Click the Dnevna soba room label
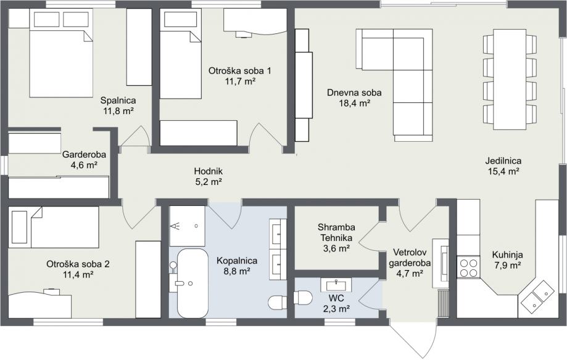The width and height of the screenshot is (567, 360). pyautogui.click(x=354, y=92)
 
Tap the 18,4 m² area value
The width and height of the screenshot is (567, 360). pyautogui.click(x=354, y=104)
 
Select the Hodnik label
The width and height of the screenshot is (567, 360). pyautogui.click(x=209, y=171)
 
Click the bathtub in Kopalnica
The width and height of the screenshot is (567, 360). pyautogui.click(x=192, y=283)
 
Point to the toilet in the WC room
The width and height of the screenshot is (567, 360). pyautogui.click(x=303, y=298)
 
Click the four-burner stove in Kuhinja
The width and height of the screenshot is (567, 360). pyautogui.click(x=469, y=267)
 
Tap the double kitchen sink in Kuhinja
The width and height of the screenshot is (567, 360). pyautogui.click(x=537, y=298)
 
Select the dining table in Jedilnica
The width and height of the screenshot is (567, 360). pyautogui.click(x=510, y=79)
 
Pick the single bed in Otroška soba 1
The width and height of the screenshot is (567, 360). pyautogui.click(x=181, y=54)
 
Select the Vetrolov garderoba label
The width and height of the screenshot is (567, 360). pyautogui.click(x=410, y=257)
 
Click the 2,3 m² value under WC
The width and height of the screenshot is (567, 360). pyautogui.click(x=336, y=309)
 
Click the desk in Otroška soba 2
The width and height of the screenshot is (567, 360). pyautogui.click(x=39, y=305)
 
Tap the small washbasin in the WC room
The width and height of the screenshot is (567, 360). pyautogui.click(x=336, y=284)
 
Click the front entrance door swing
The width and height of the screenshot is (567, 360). pyautogui.click(x=412, y=338)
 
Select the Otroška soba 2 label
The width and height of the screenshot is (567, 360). pyautogui.click(x=78, y=264)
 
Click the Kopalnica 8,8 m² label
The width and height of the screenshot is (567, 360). pyautogui.click(x=237, y=266)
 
